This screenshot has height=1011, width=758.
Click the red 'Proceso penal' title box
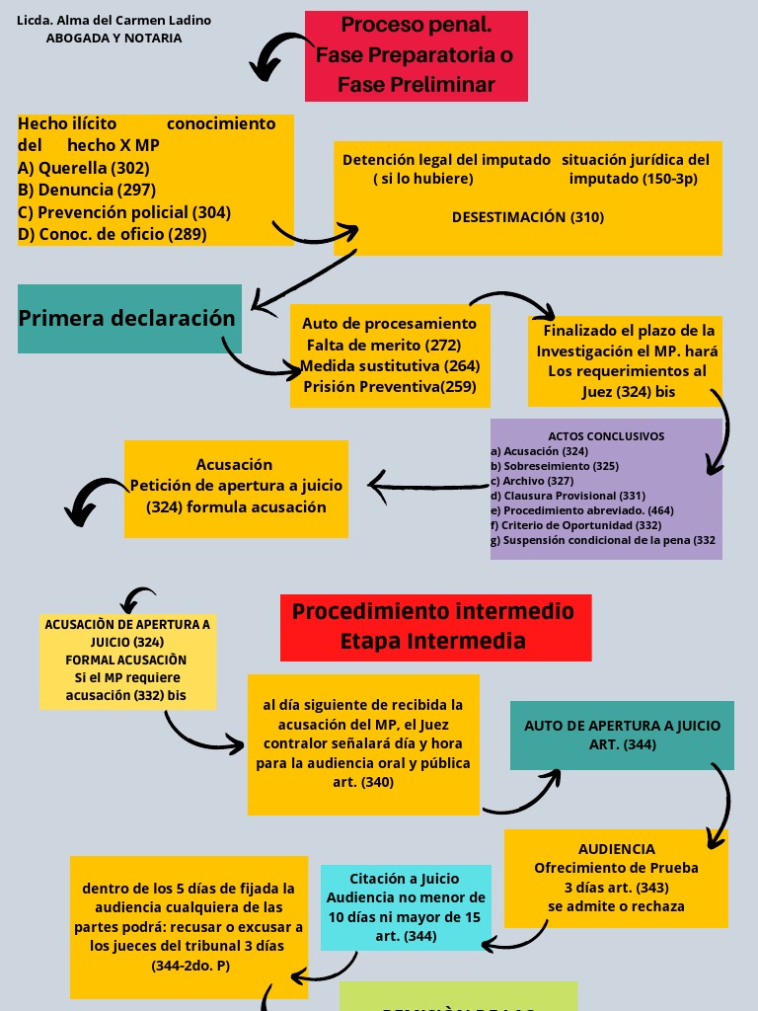coord(416,55)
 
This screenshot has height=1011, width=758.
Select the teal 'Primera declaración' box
coord(129,318)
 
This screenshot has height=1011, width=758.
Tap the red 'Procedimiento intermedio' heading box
coord(434,626)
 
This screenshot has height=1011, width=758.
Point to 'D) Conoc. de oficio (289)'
coord(112,234)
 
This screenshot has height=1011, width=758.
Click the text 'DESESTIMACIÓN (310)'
coord(528,217)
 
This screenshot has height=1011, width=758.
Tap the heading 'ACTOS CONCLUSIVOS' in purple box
coord(606,435)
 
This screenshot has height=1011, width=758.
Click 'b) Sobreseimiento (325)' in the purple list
coord(555,465)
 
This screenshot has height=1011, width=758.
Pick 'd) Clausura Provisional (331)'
coord(568,495)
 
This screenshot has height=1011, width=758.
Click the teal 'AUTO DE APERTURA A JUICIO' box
coord(622,735)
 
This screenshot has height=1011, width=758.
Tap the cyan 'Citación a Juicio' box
coord(406,907)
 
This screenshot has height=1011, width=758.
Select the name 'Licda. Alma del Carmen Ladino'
coord(114,21)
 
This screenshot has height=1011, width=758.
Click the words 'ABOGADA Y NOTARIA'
coord(114,39)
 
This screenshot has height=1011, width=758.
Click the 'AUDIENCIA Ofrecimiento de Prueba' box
coord(616,877)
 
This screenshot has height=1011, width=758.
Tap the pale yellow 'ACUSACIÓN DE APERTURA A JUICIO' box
coord(127,661)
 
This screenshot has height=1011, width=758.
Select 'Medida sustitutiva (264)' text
coord(390,366)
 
